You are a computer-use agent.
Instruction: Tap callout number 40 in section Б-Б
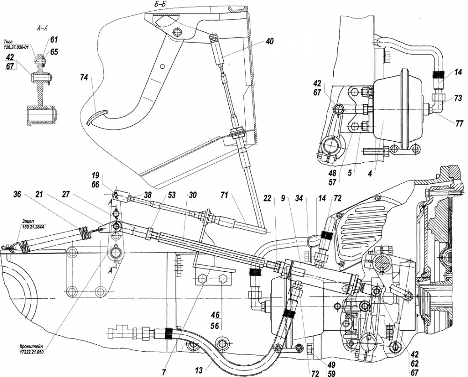click(270, 41)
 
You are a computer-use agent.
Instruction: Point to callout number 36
click(18, 195)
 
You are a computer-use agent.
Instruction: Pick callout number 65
click(54, 52)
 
